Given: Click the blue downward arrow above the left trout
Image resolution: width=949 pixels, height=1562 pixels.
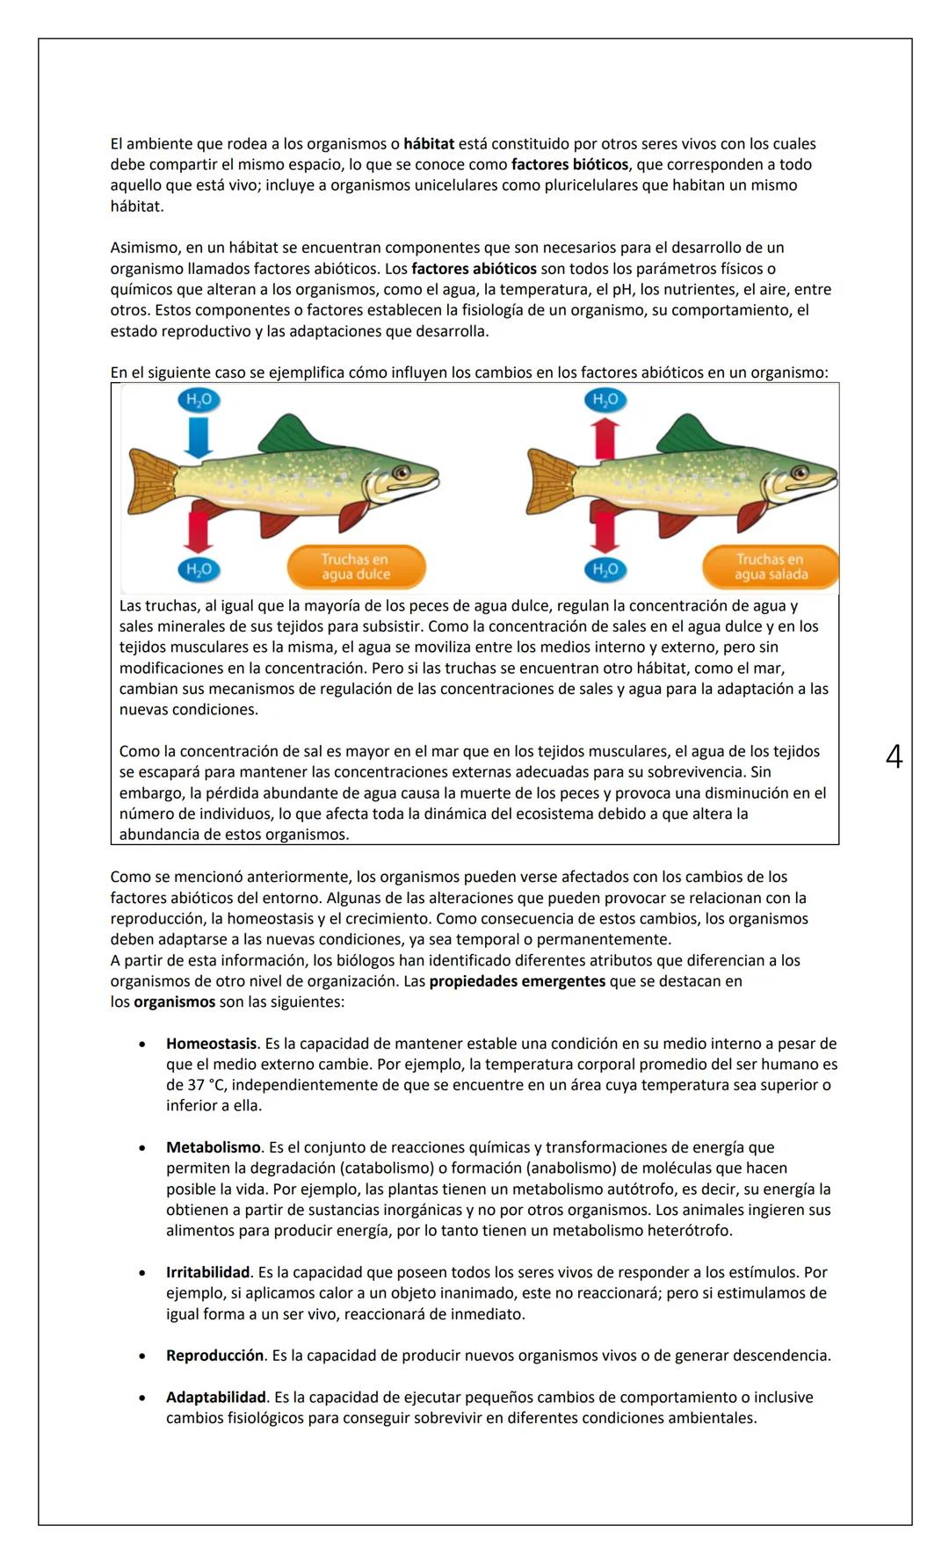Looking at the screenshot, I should (199, 437).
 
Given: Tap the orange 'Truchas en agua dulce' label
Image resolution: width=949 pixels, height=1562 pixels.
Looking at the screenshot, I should (356, 567).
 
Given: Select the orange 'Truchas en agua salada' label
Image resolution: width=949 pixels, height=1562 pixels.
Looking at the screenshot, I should (771, 567).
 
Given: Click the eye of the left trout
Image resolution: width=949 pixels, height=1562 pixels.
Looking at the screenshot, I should (402, 473).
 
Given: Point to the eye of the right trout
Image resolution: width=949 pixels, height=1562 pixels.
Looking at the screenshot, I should (800, 473).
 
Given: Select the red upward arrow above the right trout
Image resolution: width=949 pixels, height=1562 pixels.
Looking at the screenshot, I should (605, 438).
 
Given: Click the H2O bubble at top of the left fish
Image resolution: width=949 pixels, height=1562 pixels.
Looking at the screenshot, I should (199, 401).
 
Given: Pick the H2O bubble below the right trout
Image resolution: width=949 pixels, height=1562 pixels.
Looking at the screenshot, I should (605, 569).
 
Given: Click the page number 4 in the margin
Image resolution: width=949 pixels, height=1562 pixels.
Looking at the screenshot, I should (894, 756).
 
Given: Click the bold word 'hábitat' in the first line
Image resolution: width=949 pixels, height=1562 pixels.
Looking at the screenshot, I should (429, 144).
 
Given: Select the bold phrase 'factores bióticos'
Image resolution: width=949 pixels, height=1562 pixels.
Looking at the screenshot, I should (569, 165).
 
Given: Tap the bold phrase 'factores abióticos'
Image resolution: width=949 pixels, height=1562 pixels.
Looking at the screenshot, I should (474, 269).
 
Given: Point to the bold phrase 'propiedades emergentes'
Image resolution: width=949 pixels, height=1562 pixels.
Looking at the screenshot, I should (517, 981).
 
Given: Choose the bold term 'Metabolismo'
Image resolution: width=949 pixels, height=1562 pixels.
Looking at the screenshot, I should (213, 1147).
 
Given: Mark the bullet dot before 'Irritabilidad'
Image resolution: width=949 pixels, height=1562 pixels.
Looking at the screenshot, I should (141, 1273).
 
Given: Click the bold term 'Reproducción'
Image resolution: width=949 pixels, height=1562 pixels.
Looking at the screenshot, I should (214, 1356).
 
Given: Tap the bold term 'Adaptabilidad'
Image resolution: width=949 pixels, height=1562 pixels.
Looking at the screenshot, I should (215, 1397).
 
